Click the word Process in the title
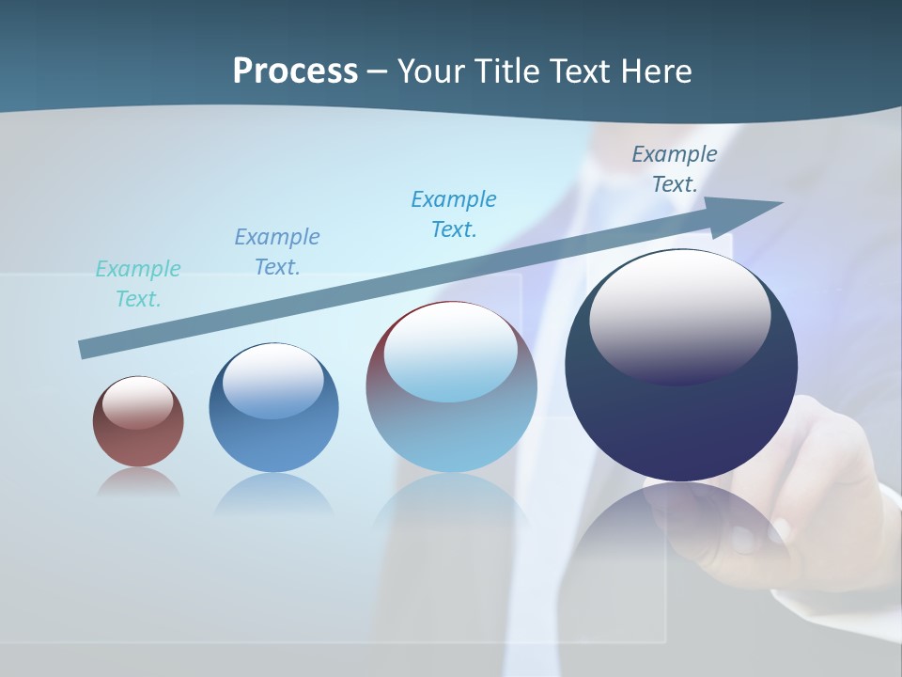(x=295, y=71)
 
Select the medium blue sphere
(x=273, y=442)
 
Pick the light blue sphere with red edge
(x=451, y=433)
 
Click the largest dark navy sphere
(x=681, y=423)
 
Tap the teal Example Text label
(x=138, y=284)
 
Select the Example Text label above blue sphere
(x=277, y=252)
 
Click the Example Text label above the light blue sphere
(x=454, y=214)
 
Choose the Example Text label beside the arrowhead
(x=675, y=169)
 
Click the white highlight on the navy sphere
(x=679, y=316)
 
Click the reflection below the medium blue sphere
(x=273, y=494)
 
